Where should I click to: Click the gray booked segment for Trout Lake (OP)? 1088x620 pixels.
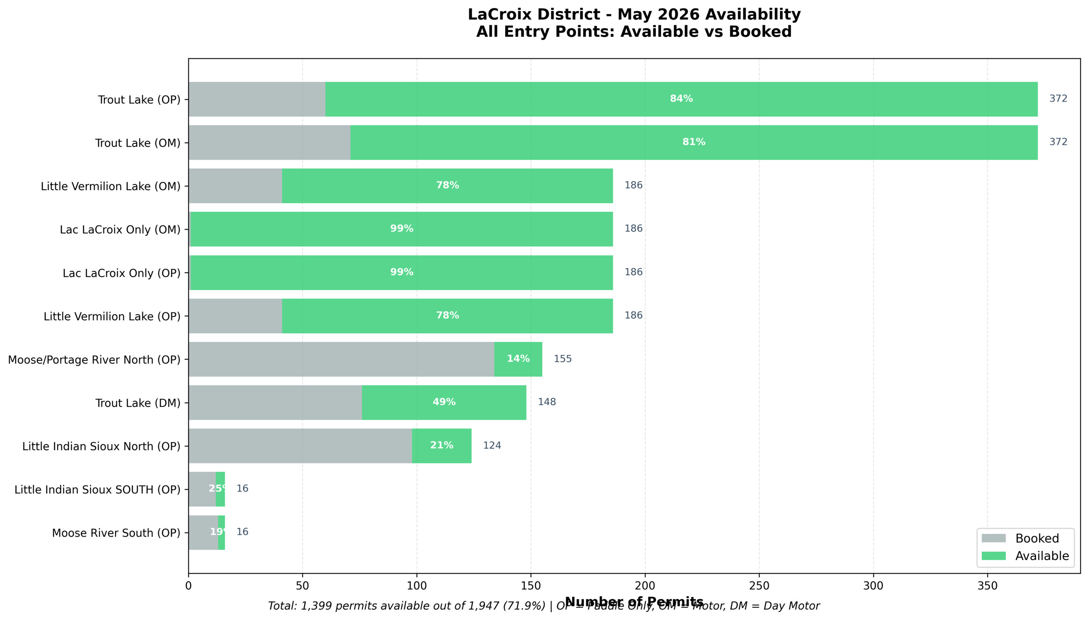(x=257, y=99)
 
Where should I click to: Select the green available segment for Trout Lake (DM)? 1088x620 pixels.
(x=444, y=402)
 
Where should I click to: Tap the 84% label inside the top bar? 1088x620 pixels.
(x=681, y=99)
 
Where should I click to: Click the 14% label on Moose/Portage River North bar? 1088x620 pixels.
(x=518, y=359)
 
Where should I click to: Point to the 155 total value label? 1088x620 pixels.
(x=562, y=359)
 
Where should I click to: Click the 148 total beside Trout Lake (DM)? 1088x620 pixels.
(x=547, y=402)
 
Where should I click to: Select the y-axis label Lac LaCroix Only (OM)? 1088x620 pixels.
(x=120, y=230)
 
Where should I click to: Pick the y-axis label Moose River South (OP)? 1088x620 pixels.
(x=116, y=533)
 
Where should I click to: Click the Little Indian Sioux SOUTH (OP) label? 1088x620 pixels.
(x=97, y=489)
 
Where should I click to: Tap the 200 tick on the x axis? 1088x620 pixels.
(x=645, y=586)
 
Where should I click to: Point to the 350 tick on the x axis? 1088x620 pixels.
(x=987, y=586)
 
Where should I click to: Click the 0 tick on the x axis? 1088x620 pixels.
(x=188, y=586)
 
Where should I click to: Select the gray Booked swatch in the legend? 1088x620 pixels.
(x=994, y=538)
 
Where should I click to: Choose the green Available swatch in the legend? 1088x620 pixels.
(x=994, y=556)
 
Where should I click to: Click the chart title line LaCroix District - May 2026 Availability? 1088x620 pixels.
(x=634, y=14)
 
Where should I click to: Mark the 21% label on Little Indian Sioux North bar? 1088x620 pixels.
(x=442, y=446)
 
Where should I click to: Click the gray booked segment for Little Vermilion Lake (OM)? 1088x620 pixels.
(x=235, y=186)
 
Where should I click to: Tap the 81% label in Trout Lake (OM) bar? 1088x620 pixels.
(x=694, y=142)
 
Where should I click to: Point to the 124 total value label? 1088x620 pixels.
(x=492, y=446)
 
